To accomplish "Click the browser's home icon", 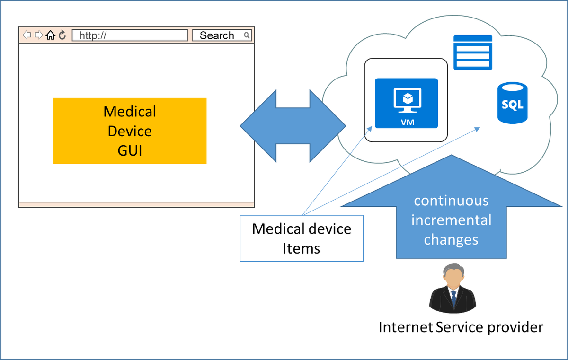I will tap(51, 35).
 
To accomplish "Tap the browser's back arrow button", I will tap(27, 35).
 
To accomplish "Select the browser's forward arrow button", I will tap(39, 35).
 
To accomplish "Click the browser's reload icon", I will tap(62, 35).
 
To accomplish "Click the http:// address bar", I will tap(130, 35).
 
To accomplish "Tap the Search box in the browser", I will tap(217, 35).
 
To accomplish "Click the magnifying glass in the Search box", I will tap(247, 35).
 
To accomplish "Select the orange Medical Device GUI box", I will tap(130, 131).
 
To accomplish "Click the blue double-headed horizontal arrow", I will tap(293, 126).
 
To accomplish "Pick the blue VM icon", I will tap(406, 103).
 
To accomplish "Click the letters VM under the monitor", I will tap(406, 122).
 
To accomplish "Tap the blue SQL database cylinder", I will tap(512, 103).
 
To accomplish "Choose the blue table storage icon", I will tap(473, 53).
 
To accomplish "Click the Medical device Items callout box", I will tap(302, 238).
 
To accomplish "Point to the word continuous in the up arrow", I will tap(451, 201).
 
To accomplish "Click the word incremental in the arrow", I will tap(451, 220).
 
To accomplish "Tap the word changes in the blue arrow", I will tap(451, 239).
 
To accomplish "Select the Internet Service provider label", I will tap(461, 327).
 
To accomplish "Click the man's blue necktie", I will tap(453, 299).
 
